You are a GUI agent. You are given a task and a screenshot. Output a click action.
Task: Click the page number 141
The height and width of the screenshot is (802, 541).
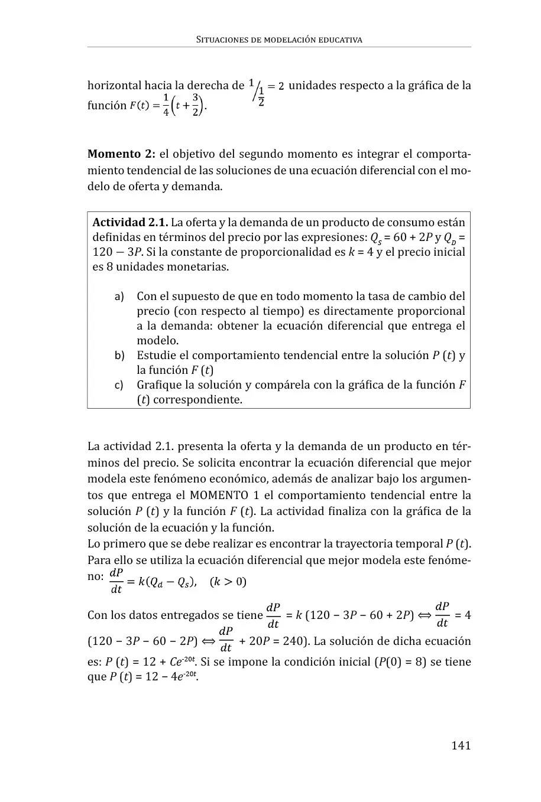pyautogui.click(x=461, y=745)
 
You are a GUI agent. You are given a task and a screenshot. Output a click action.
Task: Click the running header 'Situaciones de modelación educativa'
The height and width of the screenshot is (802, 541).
pyautogui.click(x=278, y=40)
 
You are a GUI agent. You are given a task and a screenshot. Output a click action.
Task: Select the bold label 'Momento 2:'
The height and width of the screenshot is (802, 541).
pyautogui.click(x=121, y=155)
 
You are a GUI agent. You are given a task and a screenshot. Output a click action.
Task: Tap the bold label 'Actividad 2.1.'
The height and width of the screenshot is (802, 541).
pyautogui.click(x=130, y=223)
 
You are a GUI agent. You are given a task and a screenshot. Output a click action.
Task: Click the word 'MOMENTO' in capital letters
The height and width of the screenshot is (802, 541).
pyautogui.click(x=219, y=495)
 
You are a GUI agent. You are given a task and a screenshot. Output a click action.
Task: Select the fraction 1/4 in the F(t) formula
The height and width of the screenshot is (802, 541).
pyautogui.click(x=166, y=105)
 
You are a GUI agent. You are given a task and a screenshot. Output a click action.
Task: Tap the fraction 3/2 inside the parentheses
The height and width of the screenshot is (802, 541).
pyautogui.click(x=195, y=105)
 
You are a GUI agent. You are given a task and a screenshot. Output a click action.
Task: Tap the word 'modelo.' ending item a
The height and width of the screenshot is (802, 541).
pyautogui.click(x=157, y=341)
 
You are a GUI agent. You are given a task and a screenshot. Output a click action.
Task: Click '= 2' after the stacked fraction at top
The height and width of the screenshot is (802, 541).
pyautogui.click(x=276, y=86)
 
